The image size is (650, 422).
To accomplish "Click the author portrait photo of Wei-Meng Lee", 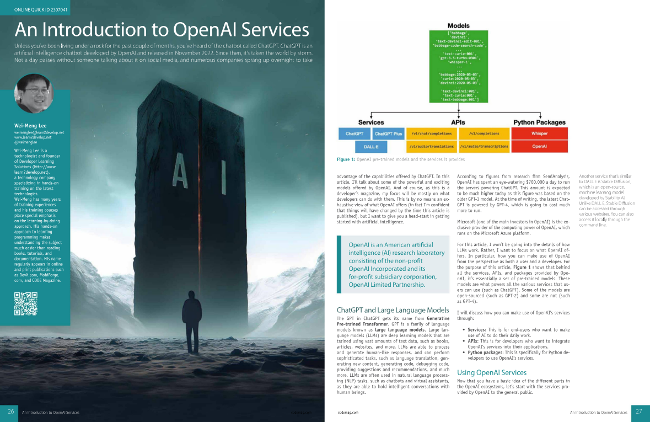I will [x=34, y=94].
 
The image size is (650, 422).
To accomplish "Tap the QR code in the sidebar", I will [x=25, y=304].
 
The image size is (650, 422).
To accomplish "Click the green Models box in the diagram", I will [x=458, y=66].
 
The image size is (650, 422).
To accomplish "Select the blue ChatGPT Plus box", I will [x=388, y=133].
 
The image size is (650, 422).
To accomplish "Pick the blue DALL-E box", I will [x=370, y=147].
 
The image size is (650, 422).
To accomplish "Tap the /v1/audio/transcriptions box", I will [x=484, y=147].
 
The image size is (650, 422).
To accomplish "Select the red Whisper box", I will [x=539, y=133].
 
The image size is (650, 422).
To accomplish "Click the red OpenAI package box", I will [x=539, y=147].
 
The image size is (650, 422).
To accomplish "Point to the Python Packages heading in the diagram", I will [x=539, y=122].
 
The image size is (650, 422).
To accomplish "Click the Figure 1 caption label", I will [x=346, y=159].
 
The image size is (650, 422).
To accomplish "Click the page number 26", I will [x=10, y=412].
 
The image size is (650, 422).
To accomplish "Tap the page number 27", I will [x=639, y=412].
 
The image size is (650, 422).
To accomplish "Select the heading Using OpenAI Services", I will [x=492, y=372].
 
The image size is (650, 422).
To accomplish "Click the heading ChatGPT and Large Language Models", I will [x=392, y=309].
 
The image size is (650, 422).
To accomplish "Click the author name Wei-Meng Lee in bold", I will [x=30, y=126].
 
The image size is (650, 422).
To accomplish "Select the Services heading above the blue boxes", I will [x=370, y=122].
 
